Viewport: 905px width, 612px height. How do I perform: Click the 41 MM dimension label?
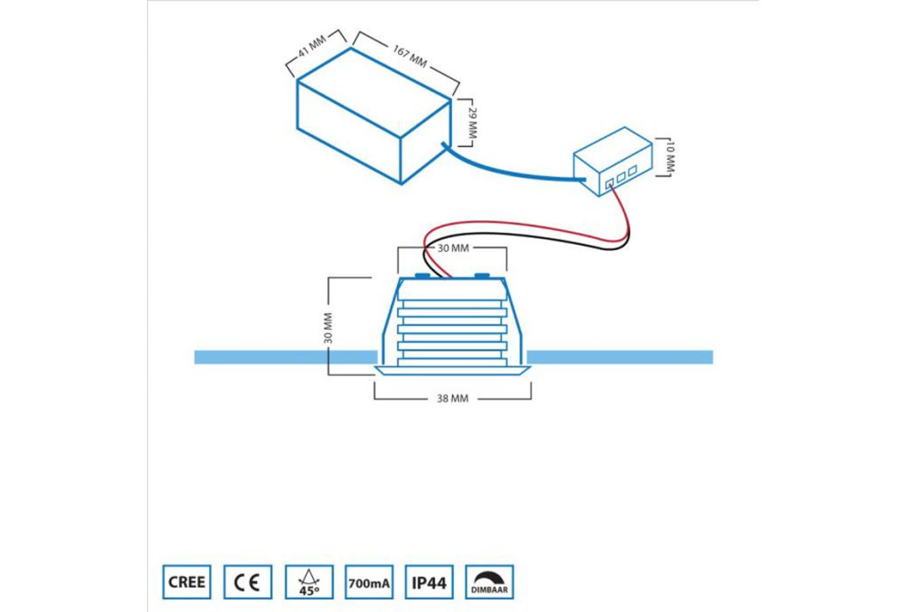311,46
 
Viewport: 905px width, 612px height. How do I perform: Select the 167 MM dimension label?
410,56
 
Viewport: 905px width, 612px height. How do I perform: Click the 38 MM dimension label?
453,399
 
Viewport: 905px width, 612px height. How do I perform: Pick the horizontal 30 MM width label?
453,248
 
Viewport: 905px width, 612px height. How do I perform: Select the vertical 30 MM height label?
329,328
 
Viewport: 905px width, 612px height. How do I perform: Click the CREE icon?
186,582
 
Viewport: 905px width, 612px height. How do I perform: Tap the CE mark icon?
247,582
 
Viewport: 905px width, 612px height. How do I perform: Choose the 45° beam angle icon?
310,582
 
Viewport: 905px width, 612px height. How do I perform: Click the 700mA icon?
369,582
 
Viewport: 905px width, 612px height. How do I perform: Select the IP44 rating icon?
429,582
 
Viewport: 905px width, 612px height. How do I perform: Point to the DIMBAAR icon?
490,582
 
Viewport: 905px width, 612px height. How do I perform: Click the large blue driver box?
373,115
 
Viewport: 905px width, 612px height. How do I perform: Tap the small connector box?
613,162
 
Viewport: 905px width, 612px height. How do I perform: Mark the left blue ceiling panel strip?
286,357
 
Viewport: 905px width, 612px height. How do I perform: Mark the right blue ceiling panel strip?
620,357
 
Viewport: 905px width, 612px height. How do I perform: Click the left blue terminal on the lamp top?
423,276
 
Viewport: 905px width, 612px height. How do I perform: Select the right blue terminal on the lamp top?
482,276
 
